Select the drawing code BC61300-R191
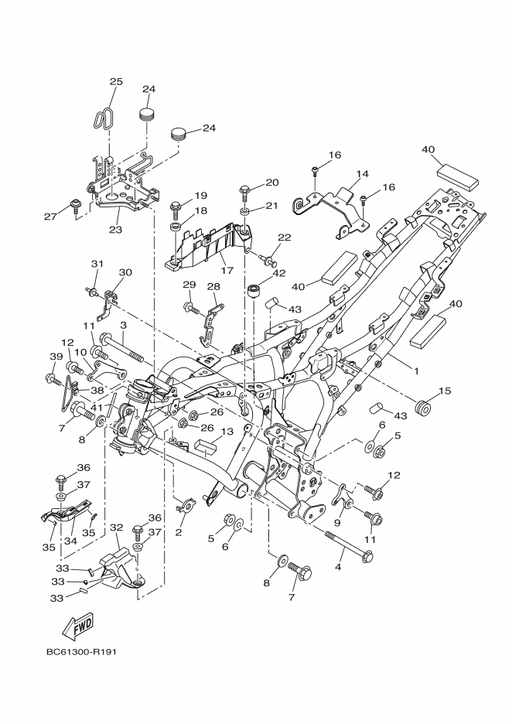tap(80, 652)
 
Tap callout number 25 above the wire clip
tap(116, 81)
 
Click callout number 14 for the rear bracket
tap(363, 174)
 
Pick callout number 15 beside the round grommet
tap(444, 391)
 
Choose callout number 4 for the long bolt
tap(338, 567)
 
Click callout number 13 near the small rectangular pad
tap(227, 432)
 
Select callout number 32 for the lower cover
tap(116, 527)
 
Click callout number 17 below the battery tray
tap(227, 270)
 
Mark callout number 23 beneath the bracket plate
tap(115, 229)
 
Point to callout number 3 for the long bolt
tap(123, 325)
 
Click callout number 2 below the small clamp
tap(178, 532)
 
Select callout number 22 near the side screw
tap(285, 237)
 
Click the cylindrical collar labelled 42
tap(254, 292)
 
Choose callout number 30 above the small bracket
tap(125, 272)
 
